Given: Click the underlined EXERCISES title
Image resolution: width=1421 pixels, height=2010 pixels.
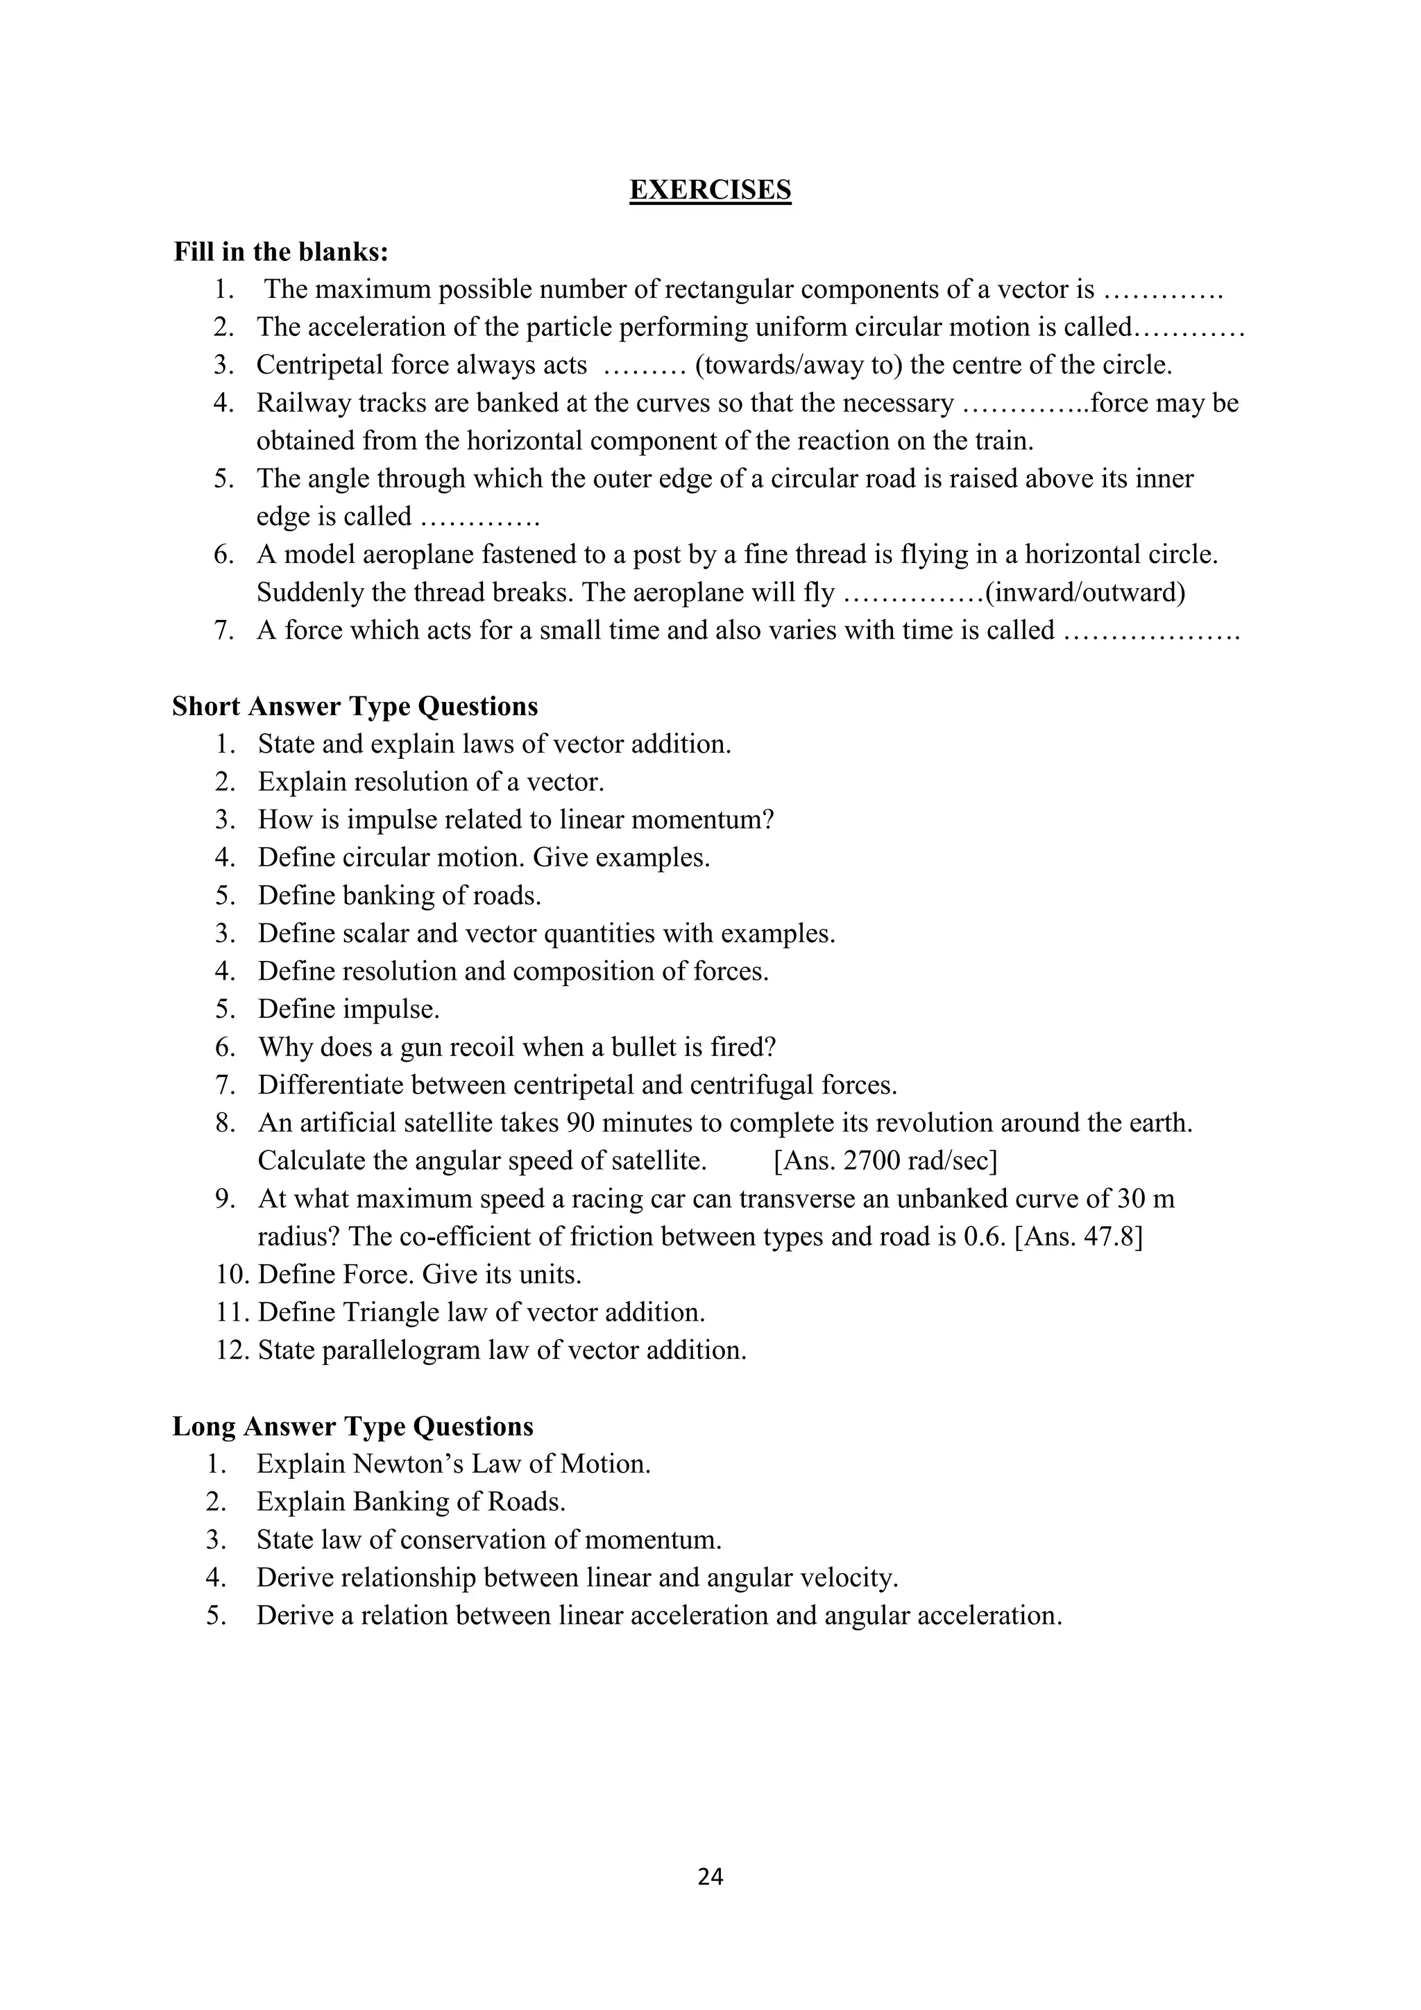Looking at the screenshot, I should click(x=710, y=190).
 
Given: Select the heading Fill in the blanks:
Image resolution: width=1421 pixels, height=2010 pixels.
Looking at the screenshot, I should click(x=281, y=252).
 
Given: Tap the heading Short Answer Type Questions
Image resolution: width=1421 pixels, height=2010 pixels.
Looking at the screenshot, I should click(x=355, y=707).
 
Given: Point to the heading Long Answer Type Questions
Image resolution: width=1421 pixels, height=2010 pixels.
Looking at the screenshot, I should click(x=352, y=1426).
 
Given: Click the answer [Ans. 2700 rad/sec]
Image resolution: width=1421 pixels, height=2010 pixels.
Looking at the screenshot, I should click(x=885, y=1161).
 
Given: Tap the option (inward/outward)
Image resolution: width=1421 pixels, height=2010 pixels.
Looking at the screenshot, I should click(x=1085, y=594).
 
